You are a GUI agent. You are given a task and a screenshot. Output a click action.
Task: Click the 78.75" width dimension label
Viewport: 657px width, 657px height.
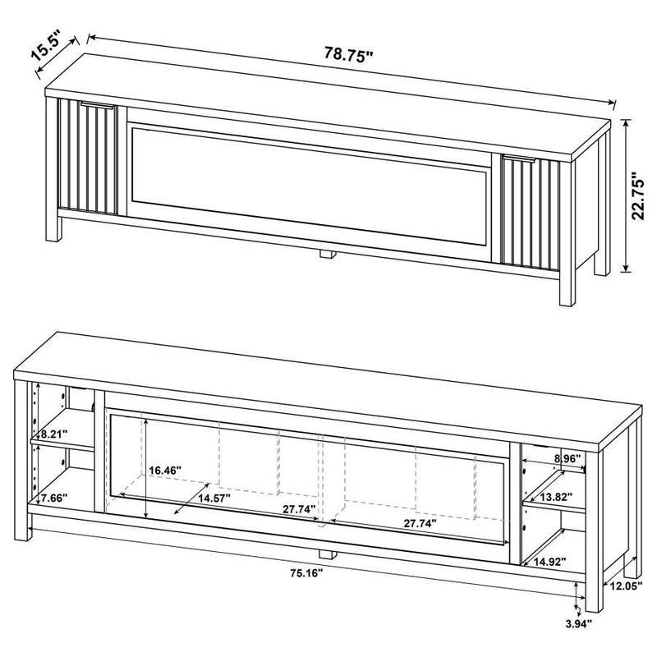(347, 55)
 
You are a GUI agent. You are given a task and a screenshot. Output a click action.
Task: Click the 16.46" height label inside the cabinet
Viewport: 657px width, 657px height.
(165, 471)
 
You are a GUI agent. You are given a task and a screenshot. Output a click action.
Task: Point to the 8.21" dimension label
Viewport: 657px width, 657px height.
(49, 434)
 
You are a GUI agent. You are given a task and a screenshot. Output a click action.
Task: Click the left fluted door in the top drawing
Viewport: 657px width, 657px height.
(87, 158)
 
